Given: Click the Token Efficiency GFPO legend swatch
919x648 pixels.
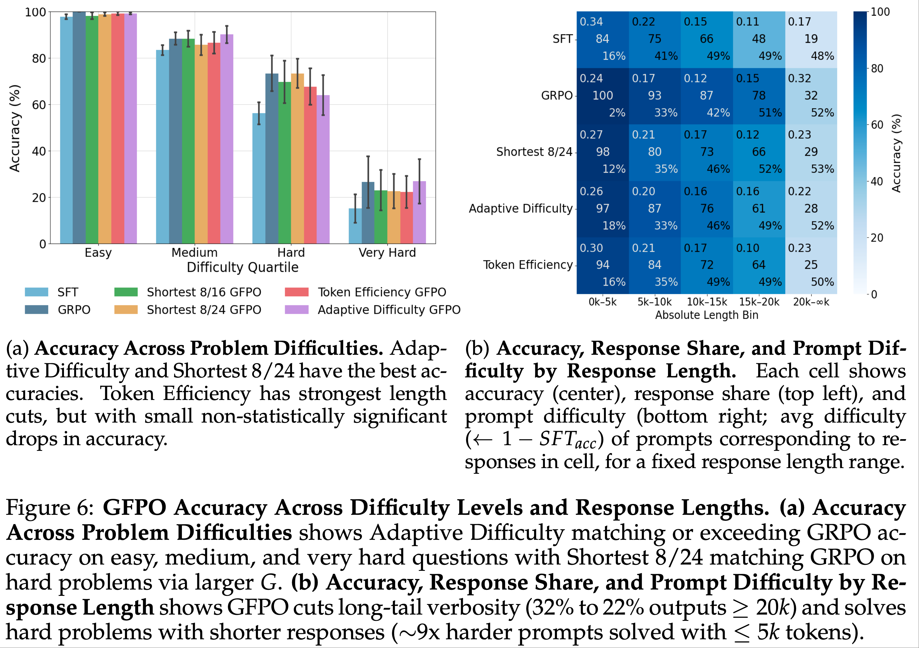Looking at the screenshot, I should (296, 292).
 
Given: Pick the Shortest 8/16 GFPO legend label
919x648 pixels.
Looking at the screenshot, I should (204, 292).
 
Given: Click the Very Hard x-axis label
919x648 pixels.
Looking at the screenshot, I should (387, 253).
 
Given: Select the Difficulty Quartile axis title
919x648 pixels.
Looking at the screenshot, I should (243, 267).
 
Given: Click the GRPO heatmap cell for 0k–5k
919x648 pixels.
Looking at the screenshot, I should (603, 96).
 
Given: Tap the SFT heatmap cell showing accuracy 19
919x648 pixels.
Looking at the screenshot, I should (811, 39).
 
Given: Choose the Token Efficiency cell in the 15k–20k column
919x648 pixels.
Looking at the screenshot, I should (758, 265).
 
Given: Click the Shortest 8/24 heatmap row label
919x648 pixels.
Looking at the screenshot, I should (534, 152).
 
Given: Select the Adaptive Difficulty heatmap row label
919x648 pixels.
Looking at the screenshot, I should (520, 208).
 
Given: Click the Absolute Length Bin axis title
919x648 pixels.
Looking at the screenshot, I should (707, 315).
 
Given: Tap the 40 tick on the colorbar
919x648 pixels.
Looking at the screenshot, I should (876, 181).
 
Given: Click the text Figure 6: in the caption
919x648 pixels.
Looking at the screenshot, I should (50, 508).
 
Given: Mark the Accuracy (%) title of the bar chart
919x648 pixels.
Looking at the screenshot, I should (14, 128).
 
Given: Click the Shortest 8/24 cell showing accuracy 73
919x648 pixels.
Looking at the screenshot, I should (707, 152).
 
